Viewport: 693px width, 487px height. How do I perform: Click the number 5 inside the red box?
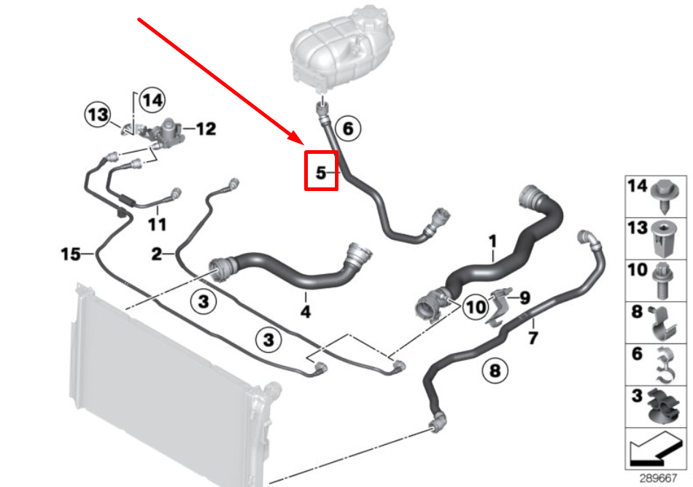(321, 173)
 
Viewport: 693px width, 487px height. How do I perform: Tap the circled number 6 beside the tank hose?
(348, 128)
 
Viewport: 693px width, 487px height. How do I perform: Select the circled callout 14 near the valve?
(152, 101)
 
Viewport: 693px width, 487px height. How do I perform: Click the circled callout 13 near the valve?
(98, 114)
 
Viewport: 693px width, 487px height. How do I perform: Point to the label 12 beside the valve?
(206, 129)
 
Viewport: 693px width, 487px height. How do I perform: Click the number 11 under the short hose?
(158, 225)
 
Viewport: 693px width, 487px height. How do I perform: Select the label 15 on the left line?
(71, 254)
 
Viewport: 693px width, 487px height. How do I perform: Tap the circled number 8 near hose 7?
(495, 370)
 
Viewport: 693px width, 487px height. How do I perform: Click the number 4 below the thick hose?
(306, 312)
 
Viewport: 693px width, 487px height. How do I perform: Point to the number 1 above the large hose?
(493, 241)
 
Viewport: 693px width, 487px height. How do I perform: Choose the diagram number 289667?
(658, 478)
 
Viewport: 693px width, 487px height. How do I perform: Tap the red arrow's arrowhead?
(296, 137)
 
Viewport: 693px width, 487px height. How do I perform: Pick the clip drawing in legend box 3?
(662, 407)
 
